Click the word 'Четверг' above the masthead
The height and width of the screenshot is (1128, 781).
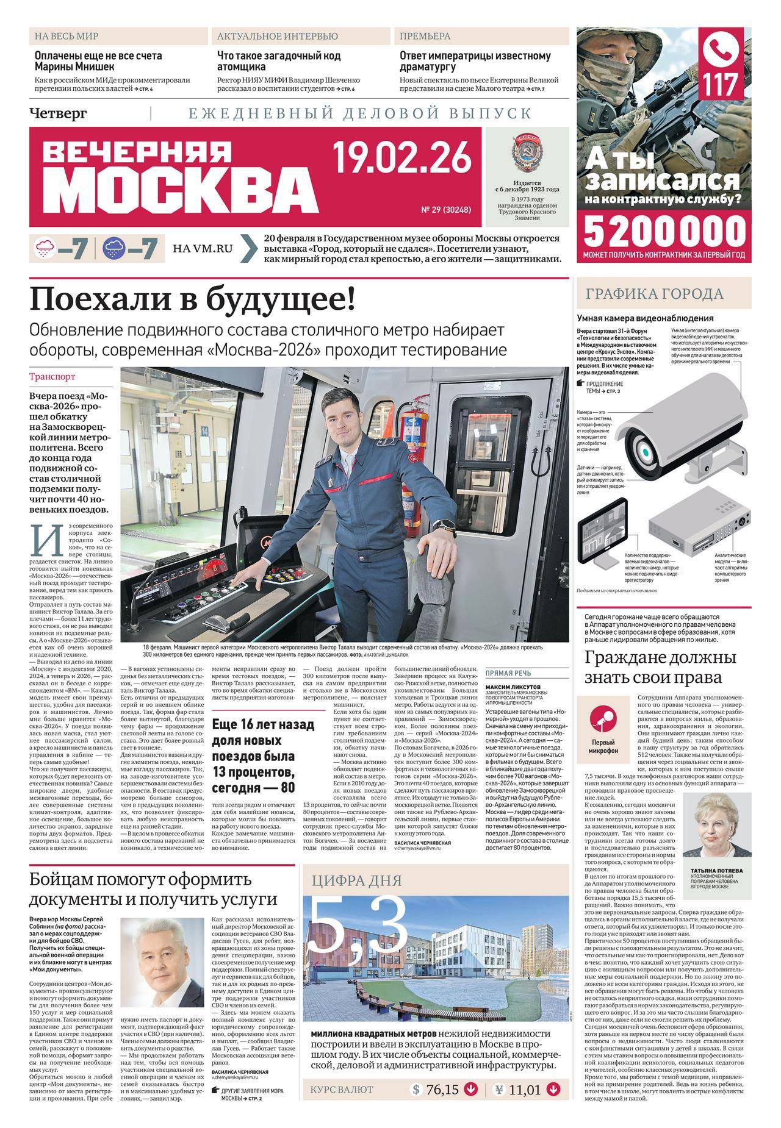click(x=58, y=113)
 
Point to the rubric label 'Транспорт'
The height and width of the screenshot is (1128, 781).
click(x=52, y=377)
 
